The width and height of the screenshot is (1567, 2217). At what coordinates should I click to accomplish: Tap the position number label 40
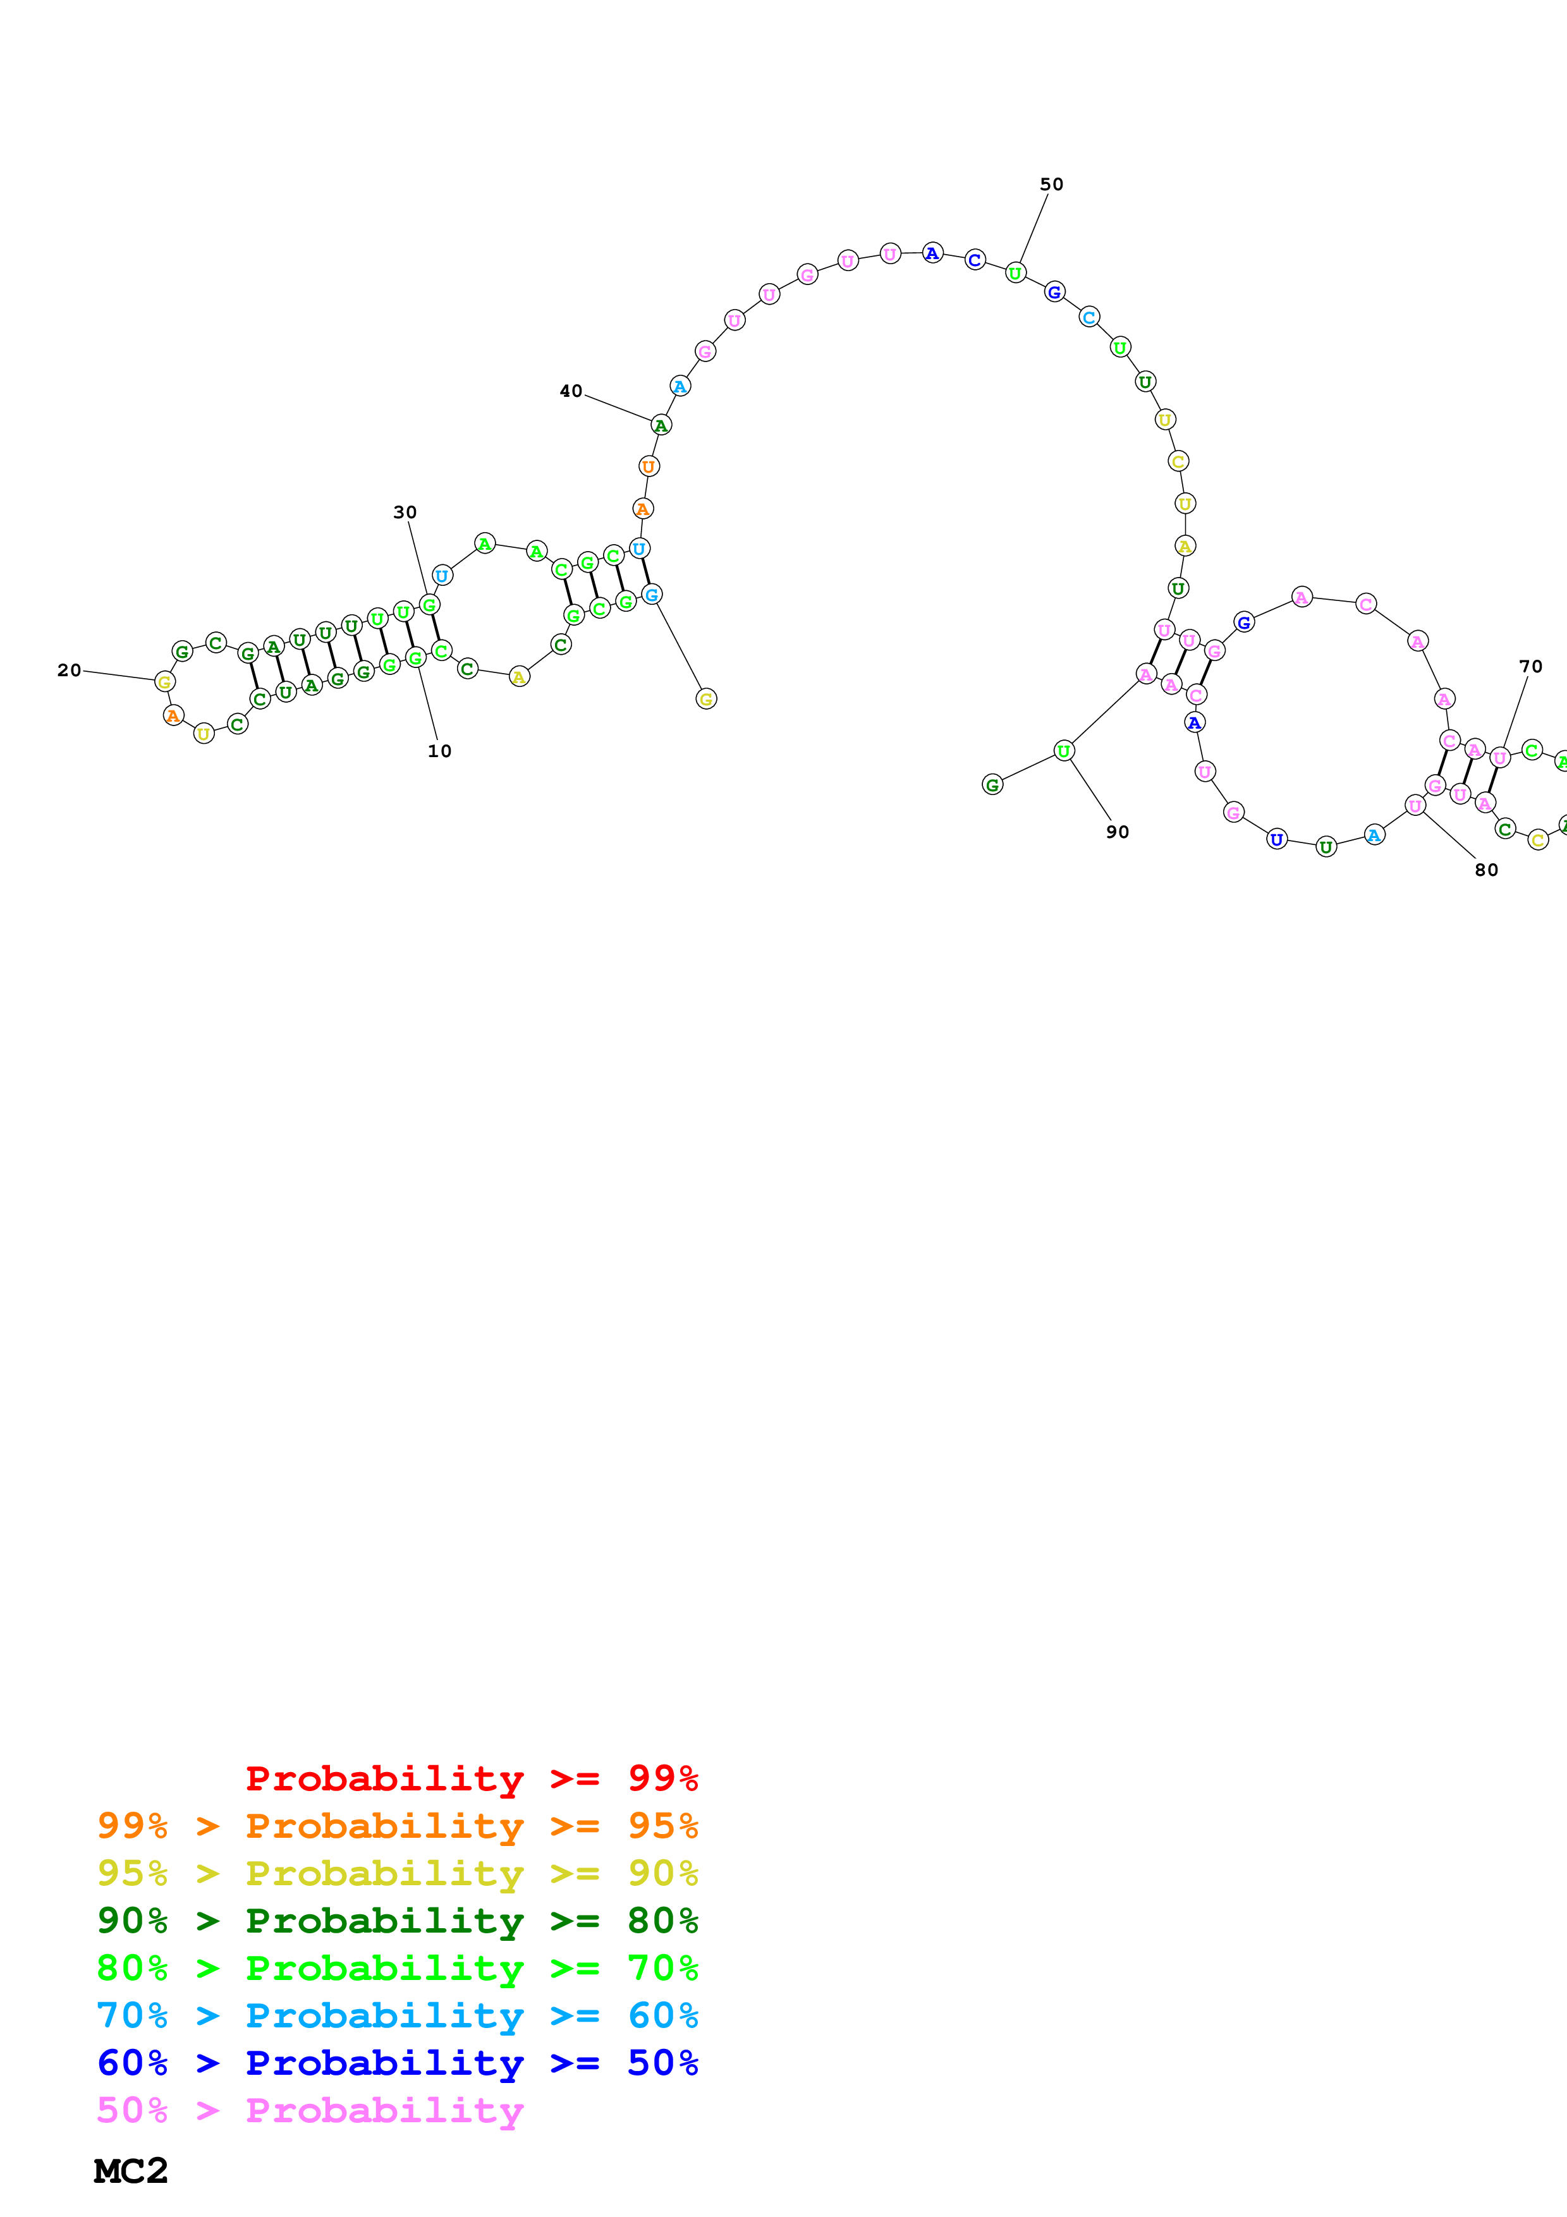(571, 391)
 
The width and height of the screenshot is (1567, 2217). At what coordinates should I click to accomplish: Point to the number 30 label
(405, 512)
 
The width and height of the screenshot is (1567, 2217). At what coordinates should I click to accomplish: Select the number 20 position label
(68, 670)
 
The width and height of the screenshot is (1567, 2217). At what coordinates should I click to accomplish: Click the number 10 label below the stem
(439, 751)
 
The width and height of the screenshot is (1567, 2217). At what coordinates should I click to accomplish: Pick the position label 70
(1530, 666)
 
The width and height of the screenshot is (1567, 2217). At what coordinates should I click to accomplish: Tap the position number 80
(1486, 870)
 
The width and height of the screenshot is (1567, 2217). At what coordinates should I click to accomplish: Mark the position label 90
(1117, 832)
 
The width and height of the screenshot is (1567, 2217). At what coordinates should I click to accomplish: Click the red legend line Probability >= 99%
(471, 1778)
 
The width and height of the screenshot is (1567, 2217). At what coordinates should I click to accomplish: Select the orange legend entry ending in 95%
(397, 1826)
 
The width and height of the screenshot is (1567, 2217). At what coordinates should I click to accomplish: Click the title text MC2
(130, 2171)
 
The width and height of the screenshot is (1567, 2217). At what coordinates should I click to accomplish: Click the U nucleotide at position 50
(1015, 273)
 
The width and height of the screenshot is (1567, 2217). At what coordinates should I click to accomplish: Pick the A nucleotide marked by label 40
(661, 425)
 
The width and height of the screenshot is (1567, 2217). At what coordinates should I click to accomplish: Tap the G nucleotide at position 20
(165, 682)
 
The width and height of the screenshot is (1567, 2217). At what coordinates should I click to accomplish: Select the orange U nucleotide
(649, 466)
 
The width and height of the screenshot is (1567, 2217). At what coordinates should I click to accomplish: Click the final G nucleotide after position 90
(992, 785)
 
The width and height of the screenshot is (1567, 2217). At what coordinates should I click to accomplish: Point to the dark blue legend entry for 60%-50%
(397, 2063)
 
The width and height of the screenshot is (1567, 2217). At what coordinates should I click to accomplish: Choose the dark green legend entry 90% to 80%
(397, 1921)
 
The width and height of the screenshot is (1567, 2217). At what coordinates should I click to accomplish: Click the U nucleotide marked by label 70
(1499, 757)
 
